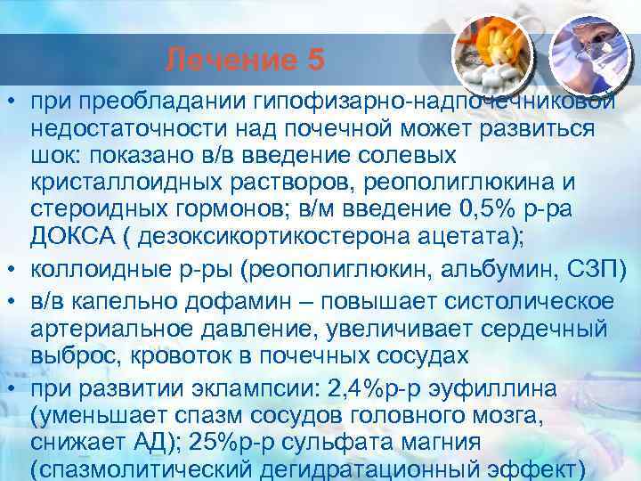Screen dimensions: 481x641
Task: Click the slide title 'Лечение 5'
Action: pos(246,61)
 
